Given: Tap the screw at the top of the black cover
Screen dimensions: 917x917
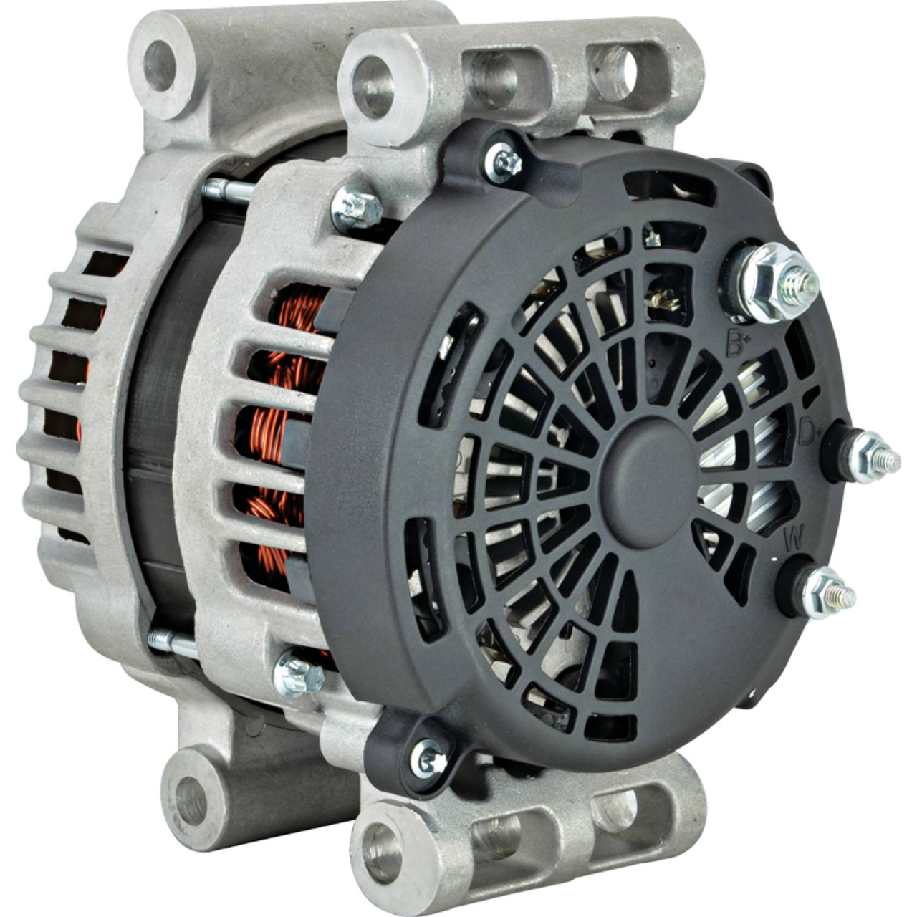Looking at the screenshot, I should pyautogui.click(x=506, y=164).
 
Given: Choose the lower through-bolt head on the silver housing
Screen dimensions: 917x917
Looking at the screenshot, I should pyautogui.click(x=298, y=672).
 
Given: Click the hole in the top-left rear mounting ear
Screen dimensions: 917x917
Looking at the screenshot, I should pyautogui.click(x=158, y=67).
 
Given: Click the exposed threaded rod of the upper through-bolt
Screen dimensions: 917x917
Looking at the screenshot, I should pyautogui.click(x=227, y=191).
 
